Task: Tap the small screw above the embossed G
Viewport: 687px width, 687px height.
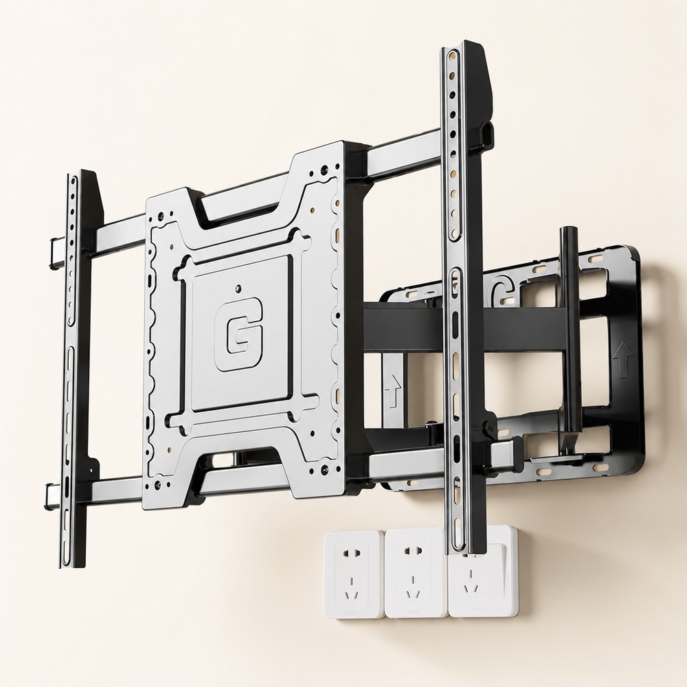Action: coord(238,289)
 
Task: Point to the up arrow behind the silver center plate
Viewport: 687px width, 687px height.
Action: coord(393,391)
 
